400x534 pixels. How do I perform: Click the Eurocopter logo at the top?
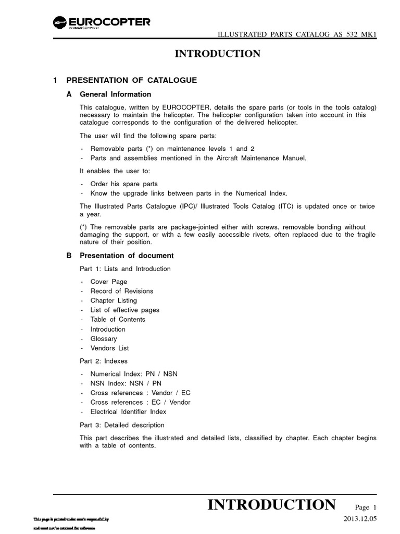(x=102, y=23)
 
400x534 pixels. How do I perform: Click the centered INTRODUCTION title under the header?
(x=217, y=54)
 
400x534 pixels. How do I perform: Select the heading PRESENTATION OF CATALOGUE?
(x=131, y=80)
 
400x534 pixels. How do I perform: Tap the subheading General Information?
(x=115, y=94)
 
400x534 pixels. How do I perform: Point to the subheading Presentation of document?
(x=127, y=256)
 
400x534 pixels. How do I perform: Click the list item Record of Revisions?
(x=122, y=291)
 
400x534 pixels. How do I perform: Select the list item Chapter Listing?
(x=114, y=300)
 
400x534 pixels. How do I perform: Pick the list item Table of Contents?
(x=118, y=319)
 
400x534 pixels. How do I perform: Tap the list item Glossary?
(x=104, y=338)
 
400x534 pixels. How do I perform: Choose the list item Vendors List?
(x=109, y=348)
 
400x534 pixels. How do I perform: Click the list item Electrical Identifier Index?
(x=128, y=411)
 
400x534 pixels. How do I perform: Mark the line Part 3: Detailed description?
(x=122, y=425)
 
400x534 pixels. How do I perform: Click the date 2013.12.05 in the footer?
(x=363, y=518)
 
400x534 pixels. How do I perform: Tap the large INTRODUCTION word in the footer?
(x=271, y=505)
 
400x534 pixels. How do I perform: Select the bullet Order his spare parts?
(x=124, y=184)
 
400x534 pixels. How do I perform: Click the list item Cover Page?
(x=109, y=282)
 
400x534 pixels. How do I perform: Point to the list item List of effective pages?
(x=125, y=310)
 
